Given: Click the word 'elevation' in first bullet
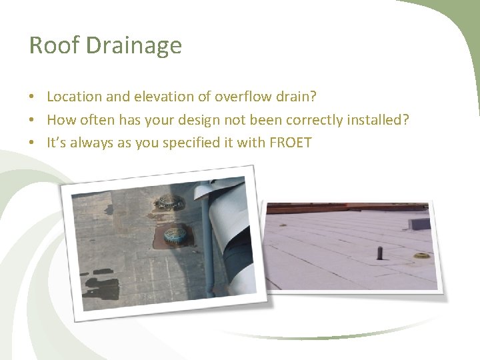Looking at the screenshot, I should pyautogui.click(x=164, y=97).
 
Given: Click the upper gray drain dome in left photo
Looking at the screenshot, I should pyautogui.click(x=168, y=202).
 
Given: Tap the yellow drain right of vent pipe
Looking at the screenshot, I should pyautogui.click(x=421, y=255).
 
